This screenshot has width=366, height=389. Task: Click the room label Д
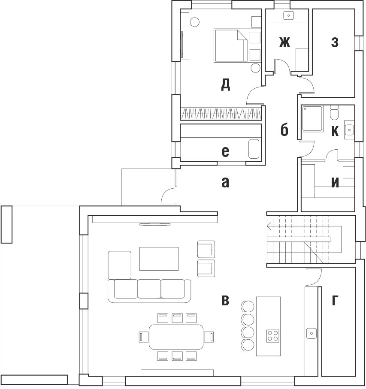226,84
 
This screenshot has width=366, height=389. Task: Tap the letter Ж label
284,42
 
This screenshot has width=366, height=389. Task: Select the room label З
335,42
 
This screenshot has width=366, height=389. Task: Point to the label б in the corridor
284,130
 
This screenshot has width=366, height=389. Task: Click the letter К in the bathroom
335,131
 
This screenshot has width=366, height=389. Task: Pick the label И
335,183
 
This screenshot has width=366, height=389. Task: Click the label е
225,152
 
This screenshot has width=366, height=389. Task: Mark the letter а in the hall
225,183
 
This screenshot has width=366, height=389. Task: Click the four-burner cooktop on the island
273,336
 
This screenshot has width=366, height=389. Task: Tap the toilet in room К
334,112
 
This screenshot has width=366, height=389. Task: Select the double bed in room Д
230,45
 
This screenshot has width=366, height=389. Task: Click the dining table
176,337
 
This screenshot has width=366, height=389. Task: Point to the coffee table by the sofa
159,259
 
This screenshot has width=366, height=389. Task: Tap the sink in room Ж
289,15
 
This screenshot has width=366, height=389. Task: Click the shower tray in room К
312,118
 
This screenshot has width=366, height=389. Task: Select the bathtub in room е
254,149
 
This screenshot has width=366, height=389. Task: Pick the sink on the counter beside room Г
312,333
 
